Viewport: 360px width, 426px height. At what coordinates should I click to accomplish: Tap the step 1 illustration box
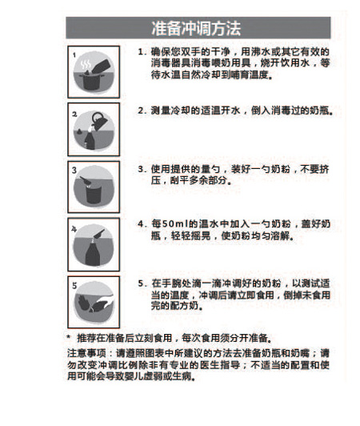pyautogui.click(x=94, y=68)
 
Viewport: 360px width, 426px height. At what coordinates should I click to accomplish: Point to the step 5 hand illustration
pyautogui.click(x=94, y=302)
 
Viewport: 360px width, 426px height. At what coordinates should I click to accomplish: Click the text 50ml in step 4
pyautogui.click(x=174, y=226)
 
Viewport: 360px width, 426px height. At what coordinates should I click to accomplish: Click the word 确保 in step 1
pyautogui.click(x=160, y=52)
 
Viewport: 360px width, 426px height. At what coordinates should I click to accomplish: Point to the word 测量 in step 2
pyautogui.click(x=160, y=110)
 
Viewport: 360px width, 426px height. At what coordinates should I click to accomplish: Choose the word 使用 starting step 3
pyautogui.click(x=160, y=169)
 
